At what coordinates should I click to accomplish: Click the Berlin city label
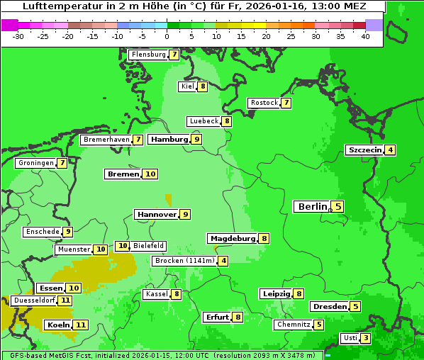(x=312, y=207)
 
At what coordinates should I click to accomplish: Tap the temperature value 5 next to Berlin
(x=338, y=207)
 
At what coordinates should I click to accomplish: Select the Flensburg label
(x=148, y=55)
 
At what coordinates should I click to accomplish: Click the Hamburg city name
(x=169, y=140)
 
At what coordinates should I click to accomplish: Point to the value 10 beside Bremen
(x=150, y=174)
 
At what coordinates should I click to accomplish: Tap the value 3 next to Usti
(x=365, y=338)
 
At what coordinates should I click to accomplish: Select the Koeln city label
(x=58, y=325)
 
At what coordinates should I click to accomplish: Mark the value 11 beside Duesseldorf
(x=65, y=300)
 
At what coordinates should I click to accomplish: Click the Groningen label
(x=35, y=163)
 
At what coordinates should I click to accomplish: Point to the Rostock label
(x=264, y=103)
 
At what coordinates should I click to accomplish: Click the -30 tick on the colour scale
(x=18, y=36)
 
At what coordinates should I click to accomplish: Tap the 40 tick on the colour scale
(x=365, y=36)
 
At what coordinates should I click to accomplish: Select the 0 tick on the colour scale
(x=167, y=36)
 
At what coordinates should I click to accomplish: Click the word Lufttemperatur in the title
(x=54, y=6)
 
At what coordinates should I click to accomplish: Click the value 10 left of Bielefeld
(x=122, y=246)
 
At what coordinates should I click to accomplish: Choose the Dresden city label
(x=329, y=307)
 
